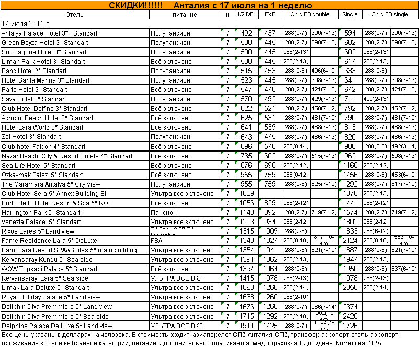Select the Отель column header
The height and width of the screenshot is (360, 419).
point(75,15)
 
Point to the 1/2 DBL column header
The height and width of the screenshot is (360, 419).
point(246,15)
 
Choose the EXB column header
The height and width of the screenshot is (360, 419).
point(270,15)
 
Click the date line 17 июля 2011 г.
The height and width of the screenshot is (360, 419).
point(26,24)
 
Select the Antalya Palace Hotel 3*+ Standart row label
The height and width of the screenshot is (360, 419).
point(50,33)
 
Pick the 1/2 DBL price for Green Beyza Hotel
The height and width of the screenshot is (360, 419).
point(246,43)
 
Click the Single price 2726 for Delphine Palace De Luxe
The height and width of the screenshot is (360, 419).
point(349,326)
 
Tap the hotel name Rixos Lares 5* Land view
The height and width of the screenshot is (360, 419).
point(38,231)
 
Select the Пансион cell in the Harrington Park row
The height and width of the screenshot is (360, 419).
point(164,213)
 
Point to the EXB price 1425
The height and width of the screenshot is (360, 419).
point(270,326)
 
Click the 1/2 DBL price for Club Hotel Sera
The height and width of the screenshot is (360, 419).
point(246,194)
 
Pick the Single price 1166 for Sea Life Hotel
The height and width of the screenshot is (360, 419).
point(349,166)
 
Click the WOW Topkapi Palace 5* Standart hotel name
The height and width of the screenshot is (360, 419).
point(50,269)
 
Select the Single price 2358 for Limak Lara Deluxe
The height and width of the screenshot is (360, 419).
point(349,288)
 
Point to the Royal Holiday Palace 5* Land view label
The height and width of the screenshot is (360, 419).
point(51,297)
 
